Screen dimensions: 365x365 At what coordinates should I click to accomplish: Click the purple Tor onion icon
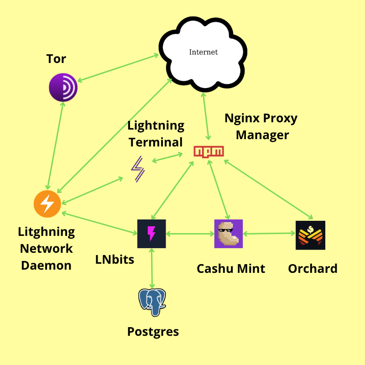coord(63,87)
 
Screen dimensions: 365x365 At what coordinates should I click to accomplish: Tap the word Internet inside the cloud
coord(203,52)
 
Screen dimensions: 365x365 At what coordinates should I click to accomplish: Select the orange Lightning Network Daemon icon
coord(47,204)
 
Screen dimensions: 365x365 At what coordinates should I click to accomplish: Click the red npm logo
coord(209,152)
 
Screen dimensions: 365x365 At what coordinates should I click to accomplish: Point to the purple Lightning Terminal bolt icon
coord(138,169)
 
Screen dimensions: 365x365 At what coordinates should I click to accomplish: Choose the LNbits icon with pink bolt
coord(151,234)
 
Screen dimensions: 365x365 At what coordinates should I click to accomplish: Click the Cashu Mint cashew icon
coord(229,234)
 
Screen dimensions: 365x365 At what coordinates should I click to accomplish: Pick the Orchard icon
coord(310,235)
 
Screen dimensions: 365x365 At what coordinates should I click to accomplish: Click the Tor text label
coord(56,59)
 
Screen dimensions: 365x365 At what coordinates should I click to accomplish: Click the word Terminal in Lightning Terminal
coord(156,142)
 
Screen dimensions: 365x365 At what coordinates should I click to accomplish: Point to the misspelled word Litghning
coord(47,232)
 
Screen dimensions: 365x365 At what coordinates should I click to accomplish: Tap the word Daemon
coord(47,265)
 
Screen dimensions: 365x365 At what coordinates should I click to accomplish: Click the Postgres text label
coord(153,332)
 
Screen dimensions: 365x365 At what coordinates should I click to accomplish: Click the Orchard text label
coord(313,269)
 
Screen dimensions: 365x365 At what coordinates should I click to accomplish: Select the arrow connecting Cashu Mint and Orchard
coord(269,234)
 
